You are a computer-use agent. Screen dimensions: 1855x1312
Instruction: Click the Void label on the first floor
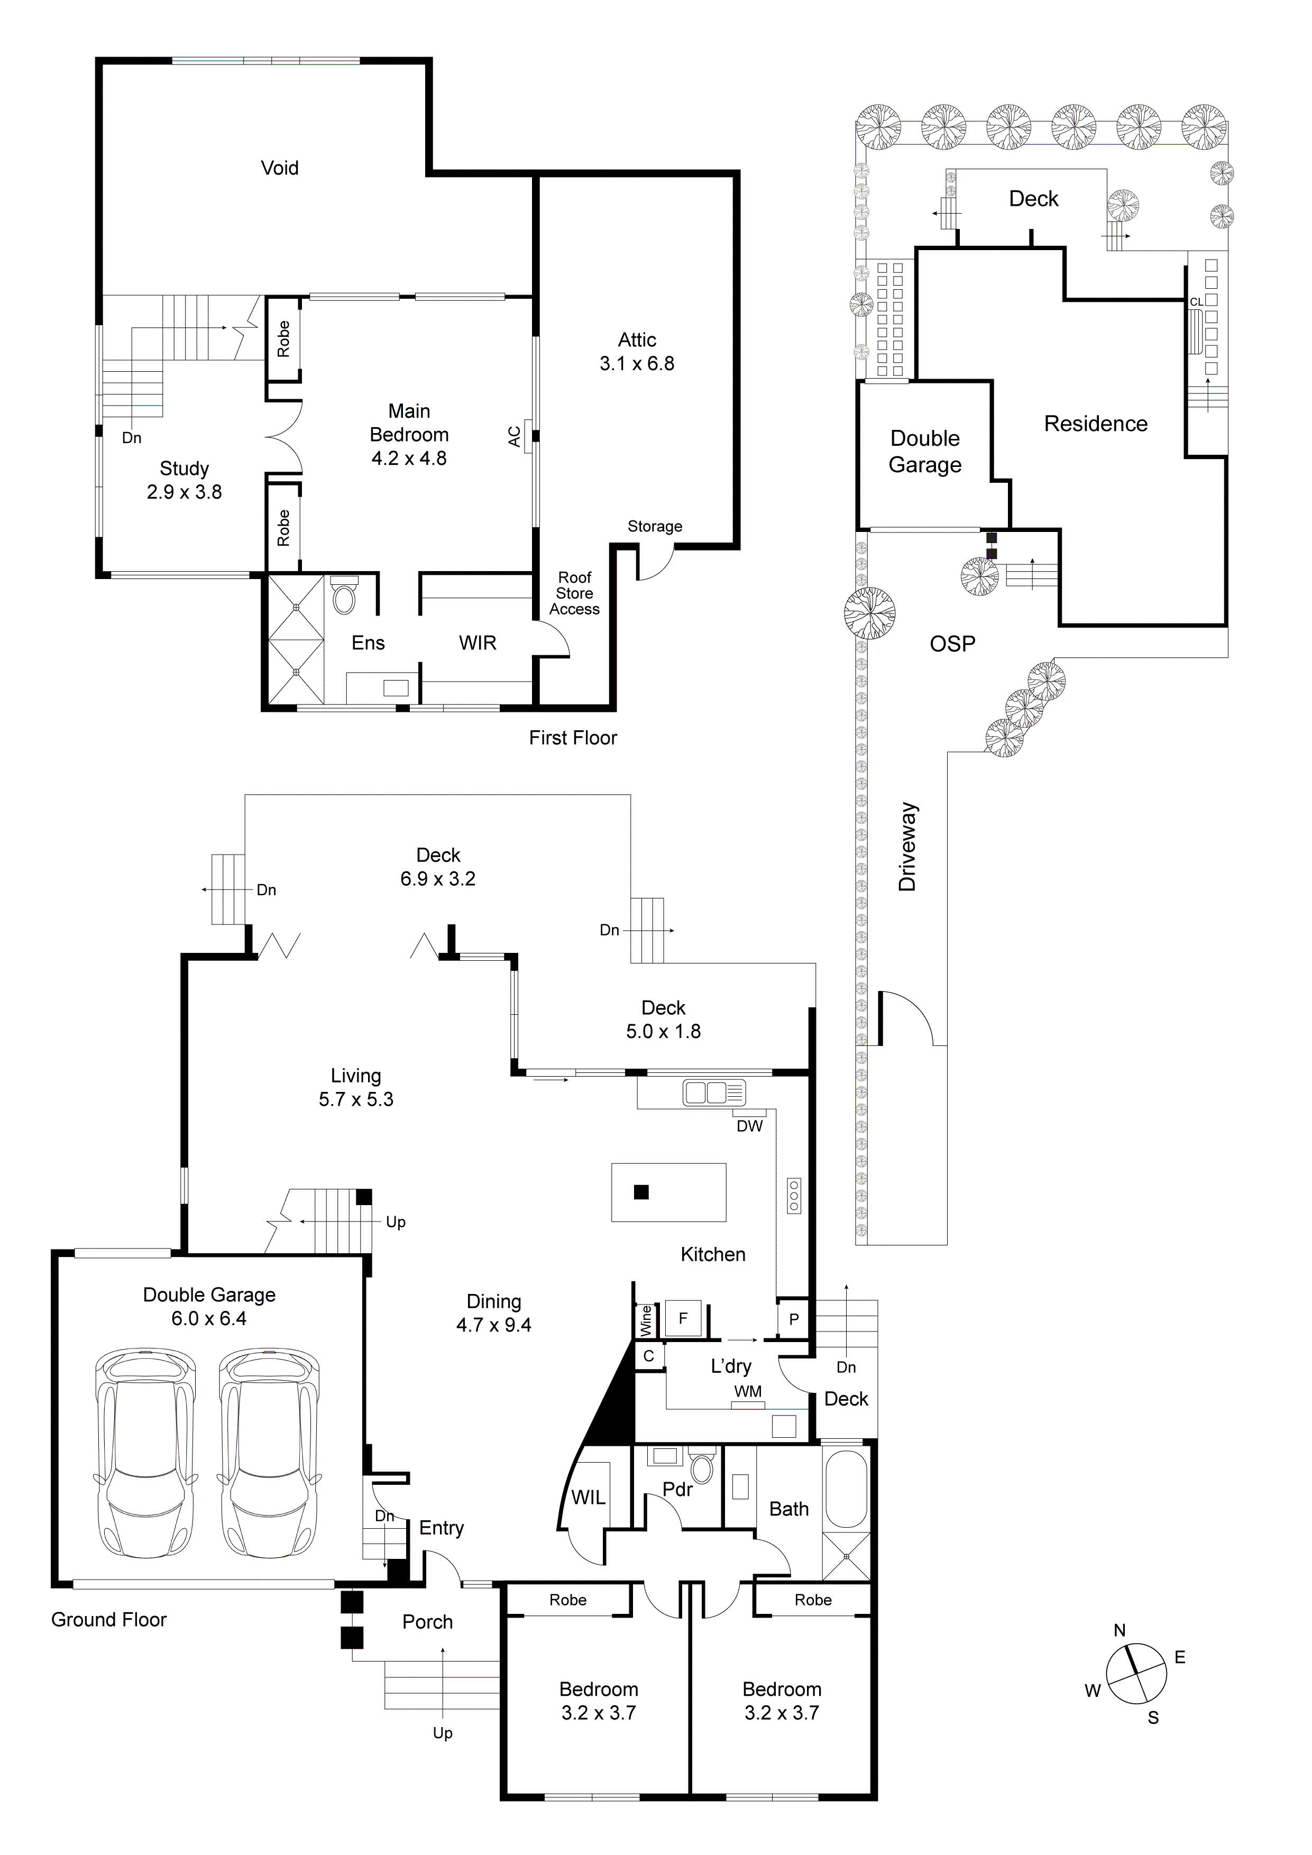click(280, 168)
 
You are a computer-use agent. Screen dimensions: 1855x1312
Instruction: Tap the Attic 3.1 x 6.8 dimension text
click(637, 364)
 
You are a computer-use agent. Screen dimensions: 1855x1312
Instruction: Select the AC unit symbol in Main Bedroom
click(527, 436)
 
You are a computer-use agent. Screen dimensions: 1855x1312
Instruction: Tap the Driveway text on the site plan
click(908, 847)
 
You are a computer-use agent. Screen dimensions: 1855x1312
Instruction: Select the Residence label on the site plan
click(1096, 424)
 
